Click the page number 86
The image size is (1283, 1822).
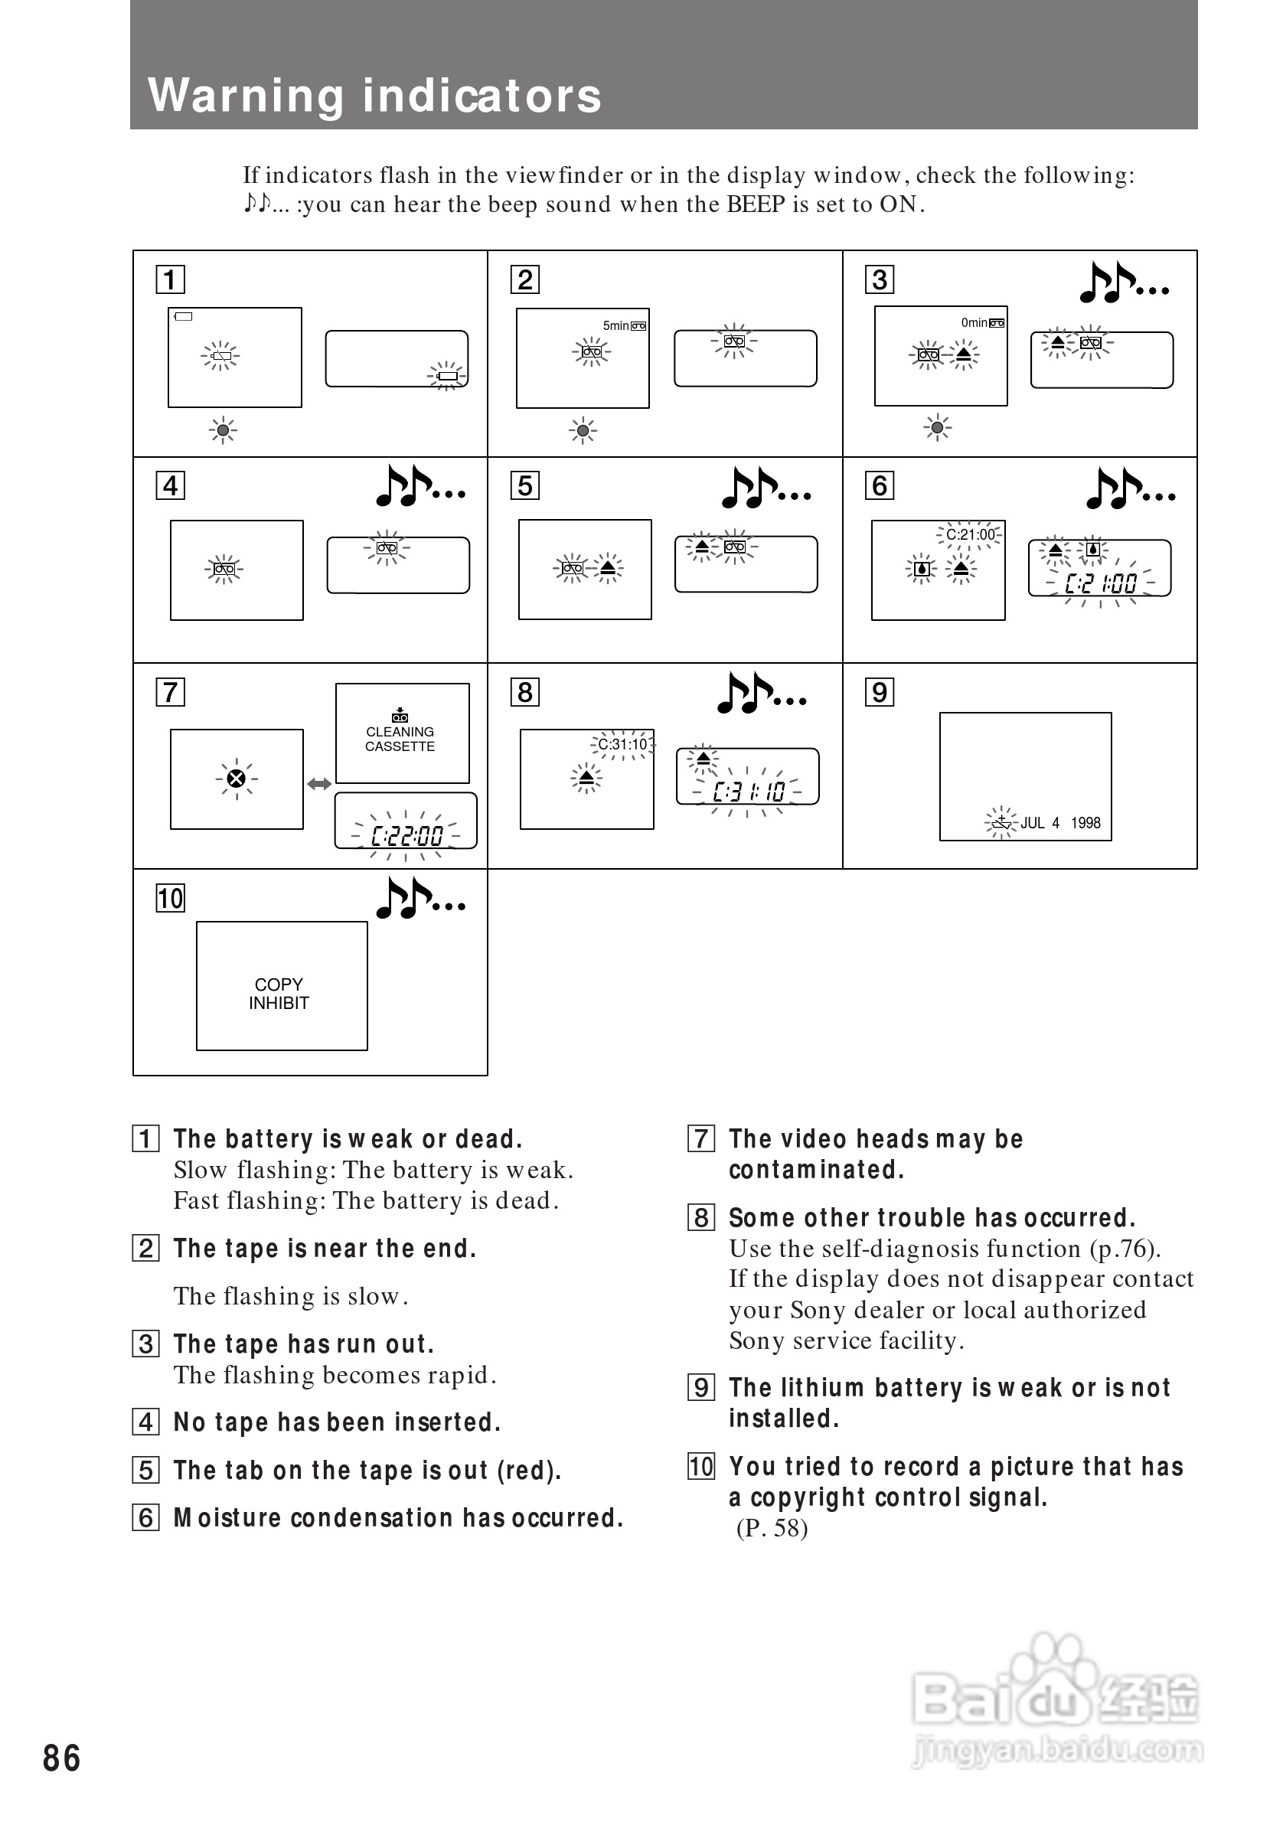click(x=61, y=1758)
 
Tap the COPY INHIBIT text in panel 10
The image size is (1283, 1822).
click(x=279, y=994)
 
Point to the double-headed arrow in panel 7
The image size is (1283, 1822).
click(x=319, y=784)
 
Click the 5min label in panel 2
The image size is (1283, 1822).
click(x=615, y=325)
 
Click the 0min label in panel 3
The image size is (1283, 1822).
click(x=974, y=322)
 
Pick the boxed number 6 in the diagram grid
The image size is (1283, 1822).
click(x=879, y=485)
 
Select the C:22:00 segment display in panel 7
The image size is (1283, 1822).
click(x=407, y=836)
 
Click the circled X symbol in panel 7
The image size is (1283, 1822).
click(x=236, y=779)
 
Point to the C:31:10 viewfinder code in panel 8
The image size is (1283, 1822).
click(x=622, y=744)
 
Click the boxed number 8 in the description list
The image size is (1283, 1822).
click(x=700, y=1217)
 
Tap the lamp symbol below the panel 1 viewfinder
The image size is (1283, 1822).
click(x=223, y=430)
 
